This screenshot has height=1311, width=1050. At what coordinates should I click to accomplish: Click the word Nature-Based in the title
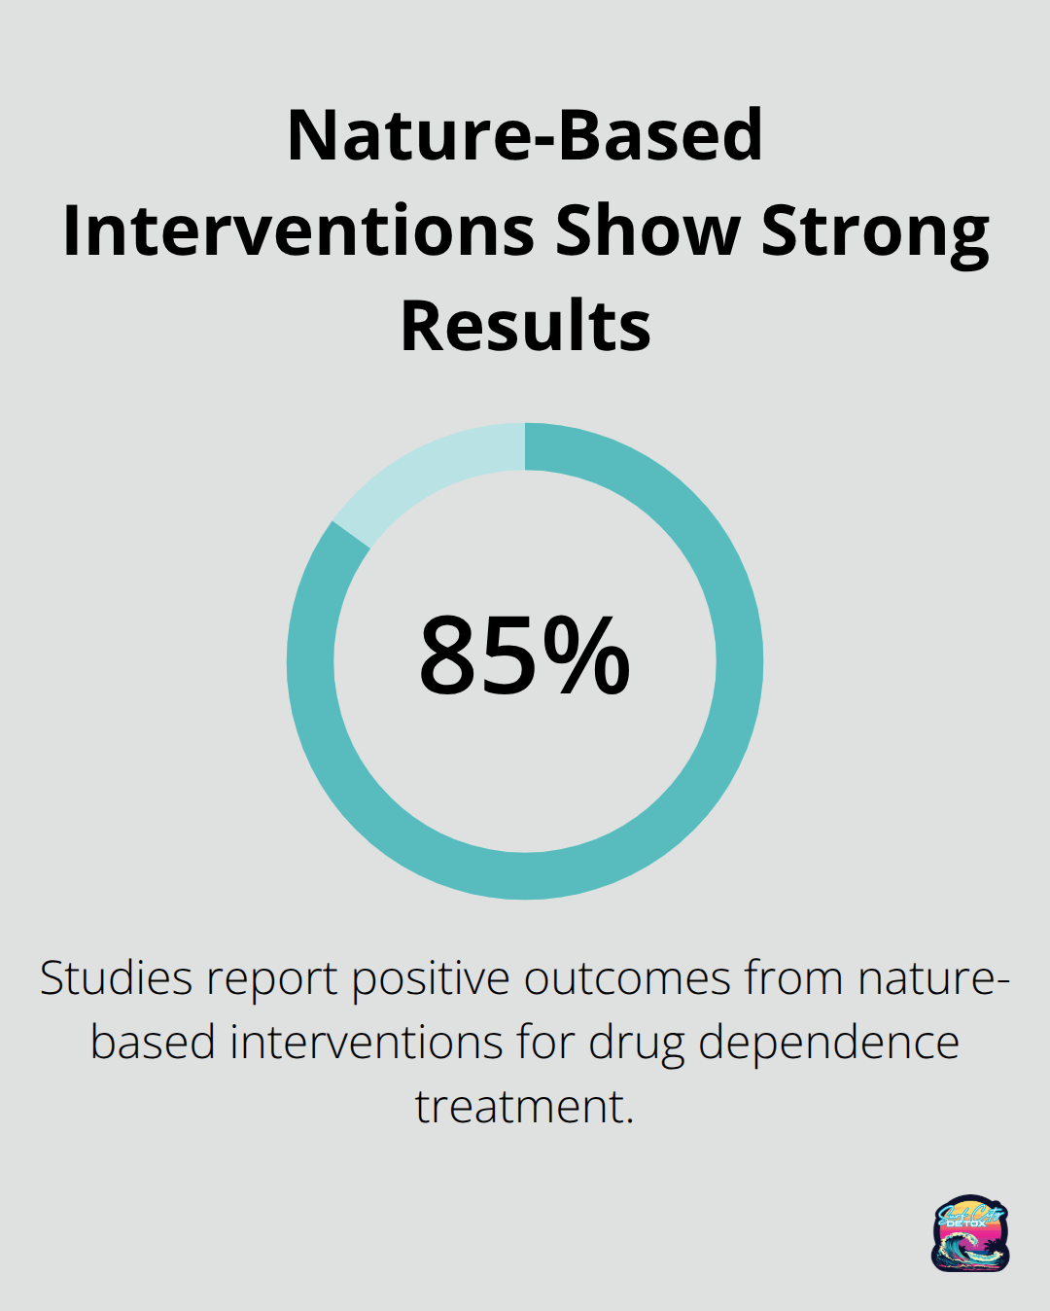point(525,135)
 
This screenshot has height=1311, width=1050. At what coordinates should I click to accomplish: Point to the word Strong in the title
point(875,233)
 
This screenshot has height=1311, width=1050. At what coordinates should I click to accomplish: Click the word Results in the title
point(525,326)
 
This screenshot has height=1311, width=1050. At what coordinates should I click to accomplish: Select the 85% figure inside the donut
point(525,656)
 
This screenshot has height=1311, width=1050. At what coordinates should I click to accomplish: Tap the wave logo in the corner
point(970,1233)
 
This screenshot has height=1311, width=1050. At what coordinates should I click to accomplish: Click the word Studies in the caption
point(114,978)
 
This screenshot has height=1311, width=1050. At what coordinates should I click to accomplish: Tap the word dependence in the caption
point(828,1043)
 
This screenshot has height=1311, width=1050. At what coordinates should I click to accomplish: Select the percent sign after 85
point(586,656)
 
